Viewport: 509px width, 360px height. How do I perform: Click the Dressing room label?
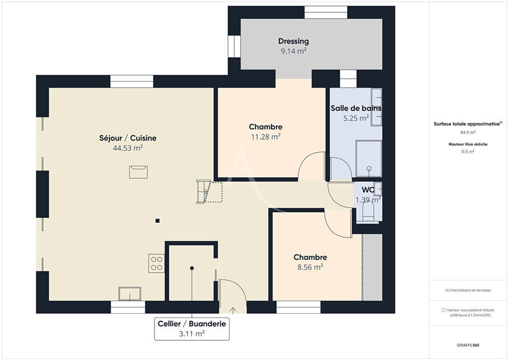click(x=293, y=41)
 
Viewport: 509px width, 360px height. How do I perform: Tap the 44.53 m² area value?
click(x=128, y=148)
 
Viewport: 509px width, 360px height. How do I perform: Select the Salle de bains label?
click(x=356, y=108)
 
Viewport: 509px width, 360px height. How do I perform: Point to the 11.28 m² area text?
click(x=265, y=136)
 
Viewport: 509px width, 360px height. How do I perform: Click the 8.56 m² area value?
click(x=310, y=267)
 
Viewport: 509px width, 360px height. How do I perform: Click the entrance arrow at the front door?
click(x=233, y=309)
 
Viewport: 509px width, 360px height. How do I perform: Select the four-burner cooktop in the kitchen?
click(x=157, y=263)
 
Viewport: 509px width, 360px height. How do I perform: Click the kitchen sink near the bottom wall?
click(x=130, y=294)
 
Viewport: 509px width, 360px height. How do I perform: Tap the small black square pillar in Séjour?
click(x=158, y=220)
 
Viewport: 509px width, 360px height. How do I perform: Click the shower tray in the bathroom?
click(x=369, y=158)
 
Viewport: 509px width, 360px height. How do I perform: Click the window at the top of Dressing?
click(x=326, y=12)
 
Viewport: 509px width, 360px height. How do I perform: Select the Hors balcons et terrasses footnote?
click(x=468, y=290)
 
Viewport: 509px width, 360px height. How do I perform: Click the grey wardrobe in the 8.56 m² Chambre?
click(x=372, y=267)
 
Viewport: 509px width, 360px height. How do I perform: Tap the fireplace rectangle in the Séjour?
click(x=138, y=172)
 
